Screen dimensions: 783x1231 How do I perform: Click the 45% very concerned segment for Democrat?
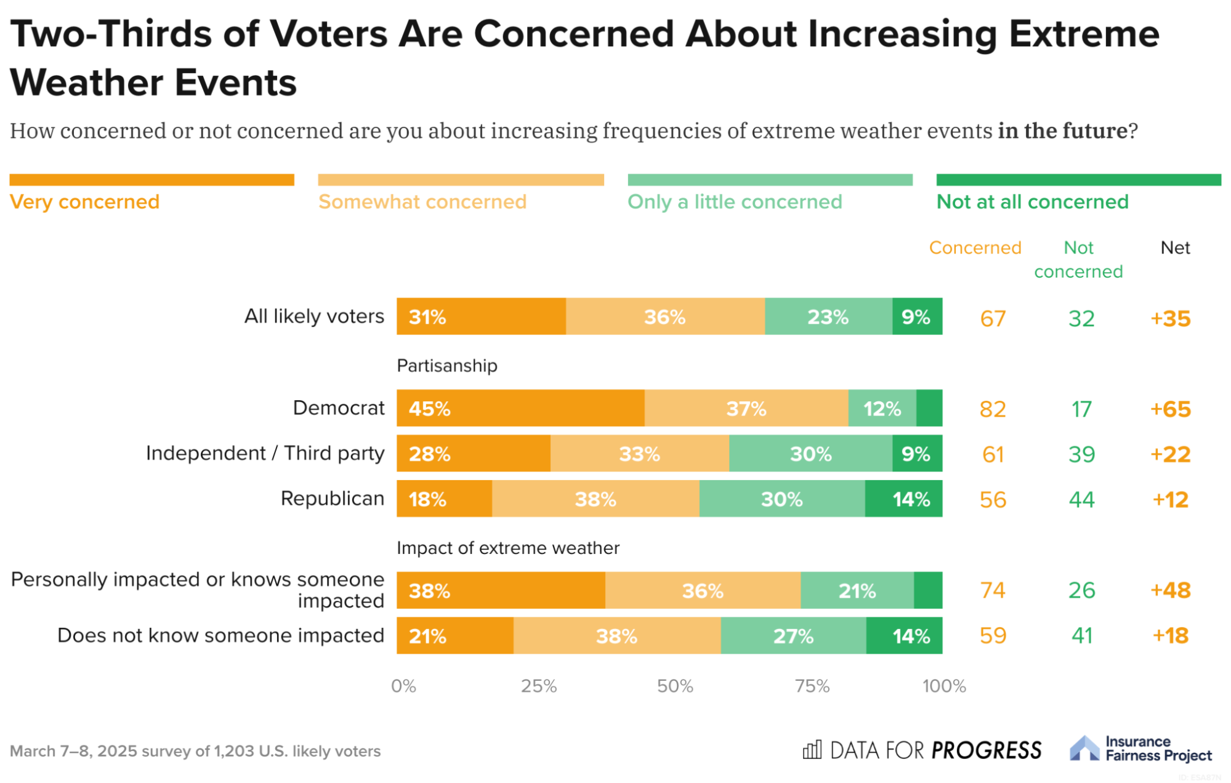click(x=520, y=408)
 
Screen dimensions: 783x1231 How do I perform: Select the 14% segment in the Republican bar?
click(x=903, y=499)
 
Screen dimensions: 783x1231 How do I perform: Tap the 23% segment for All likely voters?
click(x=828, y=317)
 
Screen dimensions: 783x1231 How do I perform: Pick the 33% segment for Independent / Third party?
click(x=639, y=454)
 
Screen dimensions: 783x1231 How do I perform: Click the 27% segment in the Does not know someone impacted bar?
click(x=793, y=635)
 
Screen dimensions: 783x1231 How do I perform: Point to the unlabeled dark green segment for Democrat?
click(x=929, y=408)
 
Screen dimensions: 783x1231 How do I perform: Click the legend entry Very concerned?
click(x=84, y=202)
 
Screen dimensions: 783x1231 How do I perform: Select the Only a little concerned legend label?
click(x=735, y=202)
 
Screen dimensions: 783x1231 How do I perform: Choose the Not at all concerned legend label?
click(x=1032, y=202)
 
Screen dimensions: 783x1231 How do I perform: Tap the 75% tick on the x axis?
click(x=812, y=686)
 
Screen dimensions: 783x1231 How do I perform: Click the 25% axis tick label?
click(x=539, y=686)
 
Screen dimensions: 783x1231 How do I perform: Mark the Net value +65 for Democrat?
click(x=1170, y=409)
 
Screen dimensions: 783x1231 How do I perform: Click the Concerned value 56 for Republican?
click(x=993, y=499)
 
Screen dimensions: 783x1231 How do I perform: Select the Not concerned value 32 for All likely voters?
click(x=1081, y=318)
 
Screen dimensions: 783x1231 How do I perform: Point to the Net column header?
click(x=1175, y=247)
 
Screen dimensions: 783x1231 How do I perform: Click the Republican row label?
click(x=333, y=498)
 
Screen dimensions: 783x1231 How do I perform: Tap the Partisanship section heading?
click(x=447, y=366)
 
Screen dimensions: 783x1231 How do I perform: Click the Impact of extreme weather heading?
click(x=508, y=548)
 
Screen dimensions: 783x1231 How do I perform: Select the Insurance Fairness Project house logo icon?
click(x=1084, y=748)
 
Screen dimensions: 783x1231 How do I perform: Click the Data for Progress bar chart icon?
click(x=812, y=750)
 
